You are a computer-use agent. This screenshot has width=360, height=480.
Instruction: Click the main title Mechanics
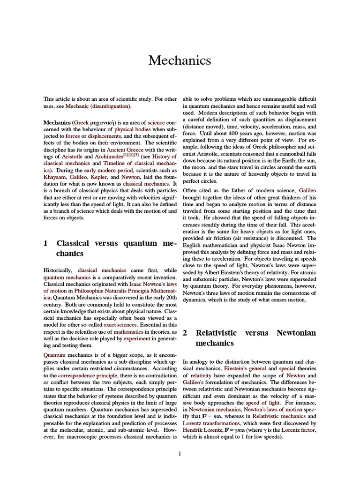pyautogui.click(x=180, y=60)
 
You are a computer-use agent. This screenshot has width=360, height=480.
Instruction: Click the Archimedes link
pyautogui.click(x=107, y=157)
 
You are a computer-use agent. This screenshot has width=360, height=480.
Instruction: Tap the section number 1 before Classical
pyautogui.click(x=45, y=243)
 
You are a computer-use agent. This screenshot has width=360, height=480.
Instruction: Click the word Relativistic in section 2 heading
pyautogui.click(x=216, y=333)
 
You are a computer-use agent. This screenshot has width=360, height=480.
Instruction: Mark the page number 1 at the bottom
pyautogui.click(x=180, y=453)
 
